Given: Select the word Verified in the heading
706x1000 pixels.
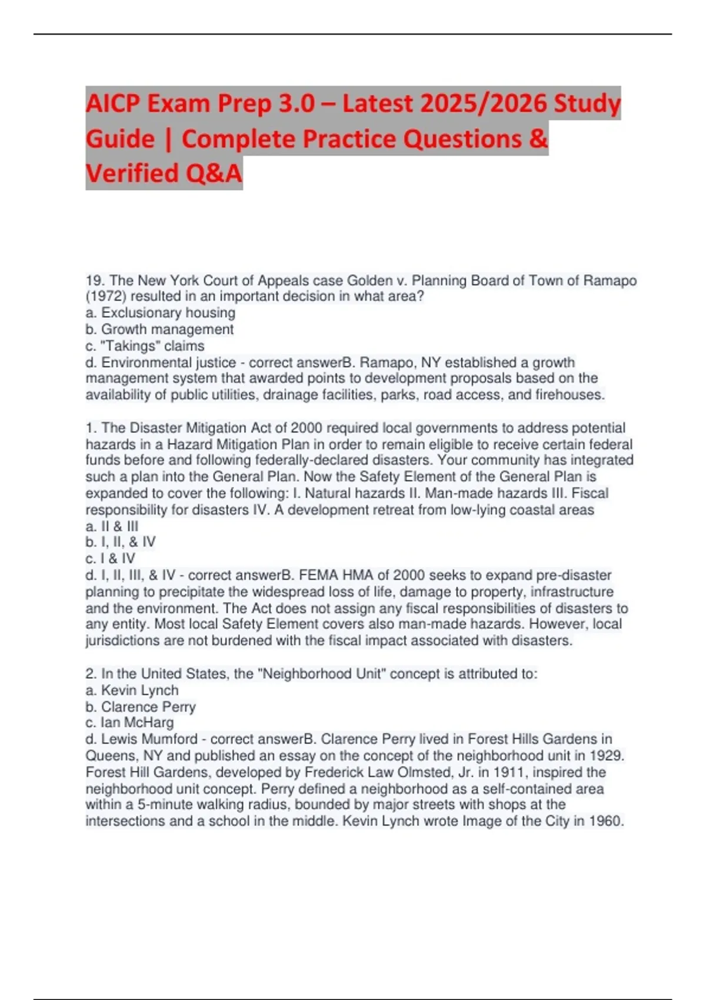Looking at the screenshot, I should click(121, 173).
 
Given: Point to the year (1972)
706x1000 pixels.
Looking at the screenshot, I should click(105, 296).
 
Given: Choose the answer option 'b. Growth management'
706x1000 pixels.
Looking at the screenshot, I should click(159, 329).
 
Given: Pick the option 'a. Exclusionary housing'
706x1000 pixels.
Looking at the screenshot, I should click(160, 313).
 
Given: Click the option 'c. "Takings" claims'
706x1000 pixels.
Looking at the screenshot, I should click(145, 346).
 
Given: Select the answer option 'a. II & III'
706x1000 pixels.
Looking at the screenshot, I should click(112, 526).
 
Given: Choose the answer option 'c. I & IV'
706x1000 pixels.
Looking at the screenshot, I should click(110, 558).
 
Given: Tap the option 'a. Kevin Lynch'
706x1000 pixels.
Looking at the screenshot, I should click(132, 690).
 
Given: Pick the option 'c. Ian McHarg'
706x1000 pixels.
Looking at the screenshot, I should click(129, 722).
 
